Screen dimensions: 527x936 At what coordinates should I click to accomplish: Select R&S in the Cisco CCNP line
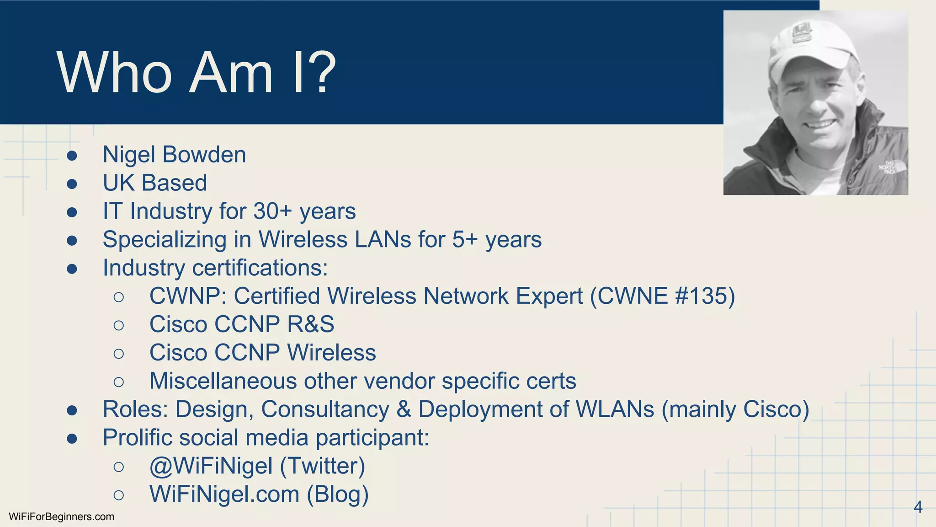[x=310, y=324]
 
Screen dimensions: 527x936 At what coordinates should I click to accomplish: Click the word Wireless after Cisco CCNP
[x=331, y=353]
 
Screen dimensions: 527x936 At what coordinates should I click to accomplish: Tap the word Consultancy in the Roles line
[x=325, y=409]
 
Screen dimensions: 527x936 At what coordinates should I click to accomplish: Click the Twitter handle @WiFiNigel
[x=211, y=466]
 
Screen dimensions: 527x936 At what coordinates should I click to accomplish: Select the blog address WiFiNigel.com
[x=224, y=494]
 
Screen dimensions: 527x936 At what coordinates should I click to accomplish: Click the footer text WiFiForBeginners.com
[x=61, y=517]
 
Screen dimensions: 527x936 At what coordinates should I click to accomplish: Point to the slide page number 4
[x=918, y=507]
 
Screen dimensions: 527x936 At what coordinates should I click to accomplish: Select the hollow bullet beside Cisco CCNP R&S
[x=118, y=325]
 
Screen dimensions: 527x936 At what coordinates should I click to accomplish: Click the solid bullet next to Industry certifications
[x=72, y=269]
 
